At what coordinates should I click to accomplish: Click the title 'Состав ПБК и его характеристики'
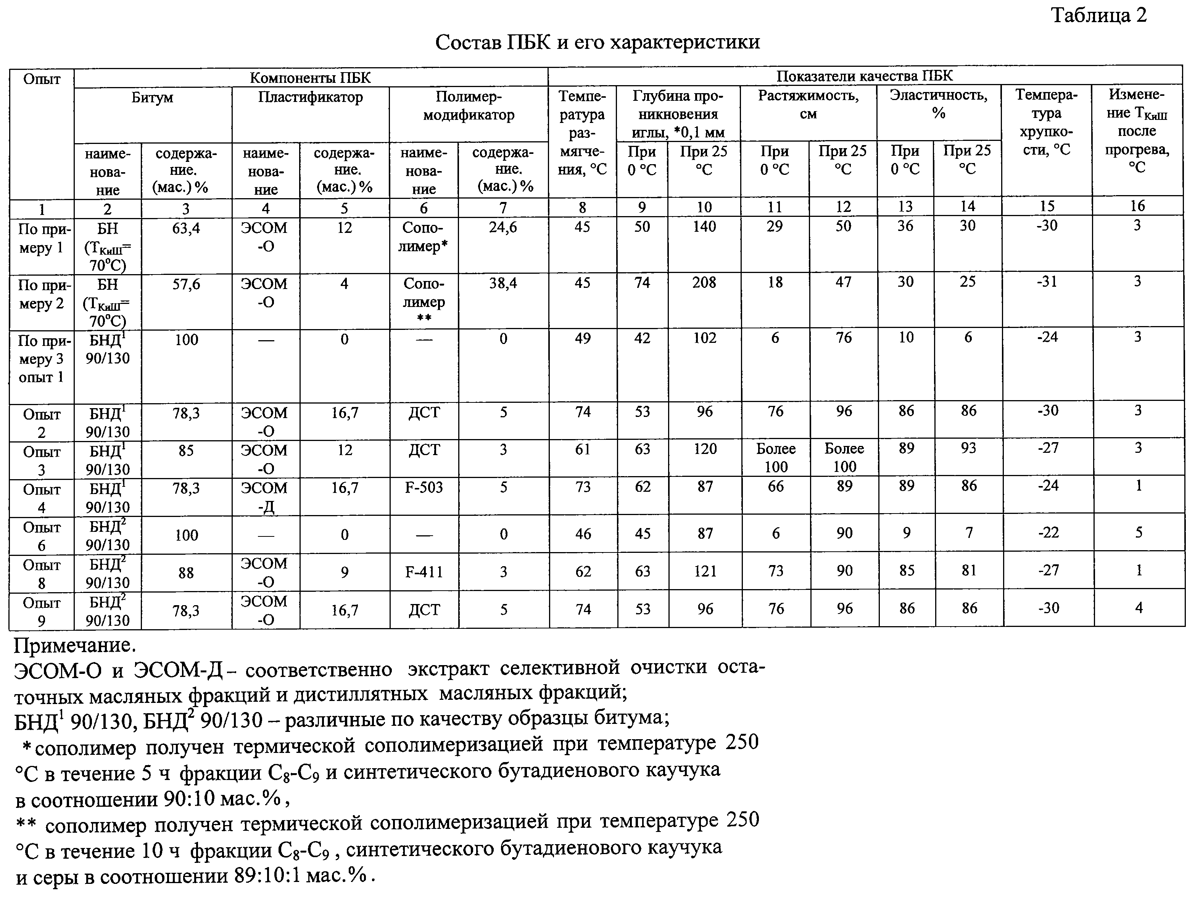pos(597,42)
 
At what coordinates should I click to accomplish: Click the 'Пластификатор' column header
pos(310,97)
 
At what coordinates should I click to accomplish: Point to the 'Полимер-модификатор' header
pos(469,106)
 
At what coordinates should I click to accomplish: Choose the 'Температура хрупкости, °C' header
pos(1047,122)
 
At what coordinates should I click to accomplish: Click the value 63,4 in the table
pos(186,229)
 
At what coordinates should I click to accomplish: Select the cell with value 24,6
pos(503,228)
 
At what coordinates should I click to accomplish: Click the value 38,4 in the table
pos(503,283)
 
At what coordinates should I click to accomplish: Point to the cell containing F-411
pos(424,572)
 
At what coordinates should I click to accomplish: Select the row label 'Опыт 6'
pos(42,536)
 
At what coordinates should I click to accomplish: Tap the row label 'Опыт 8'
pos(42,573)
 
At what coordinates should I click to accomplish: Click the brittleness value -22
pos(1048,533)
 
